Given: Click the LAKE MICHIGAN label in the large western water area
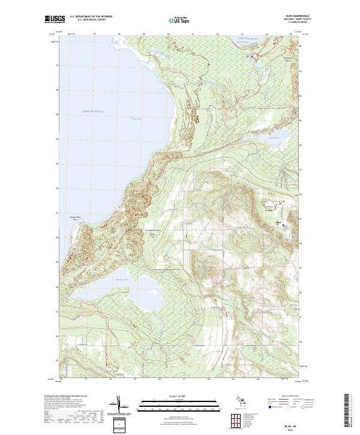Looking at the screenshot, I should click(x=94, y=112).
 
